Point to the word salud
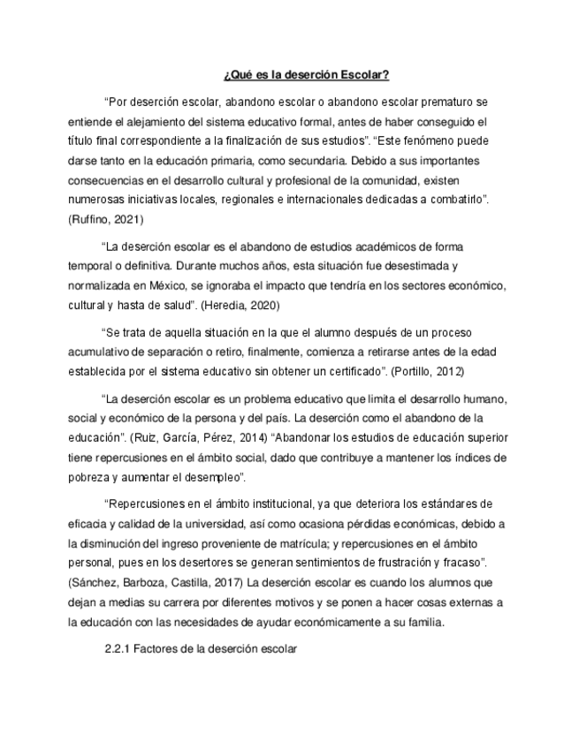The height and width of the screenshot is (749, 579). pyautogui.click(x=175, y=306)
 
